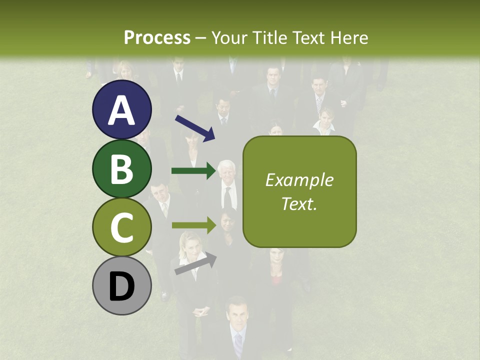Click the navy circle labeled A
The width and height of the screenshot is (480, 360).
121,109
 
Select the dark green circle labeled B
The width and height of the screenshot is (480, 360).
121,168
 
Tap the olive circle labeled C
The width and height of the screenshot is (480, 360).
121,227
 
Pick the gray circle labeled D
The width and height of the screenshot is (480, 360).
121,286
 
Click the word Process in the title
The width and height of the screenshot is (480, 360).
157,38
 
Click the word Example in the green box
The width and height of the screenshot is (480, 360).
299,180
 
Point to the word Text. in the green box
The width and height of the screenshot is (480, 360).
299,203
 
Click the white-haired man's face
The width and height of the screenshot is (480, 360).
227,172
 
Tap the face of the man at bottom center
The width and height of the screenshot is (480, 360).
237,312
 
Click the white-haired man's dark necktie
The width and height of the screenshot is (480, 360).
228,198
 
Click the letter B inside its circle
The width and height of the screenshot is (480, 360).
121,169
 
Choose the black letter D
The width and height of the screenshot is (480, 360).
121,286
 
